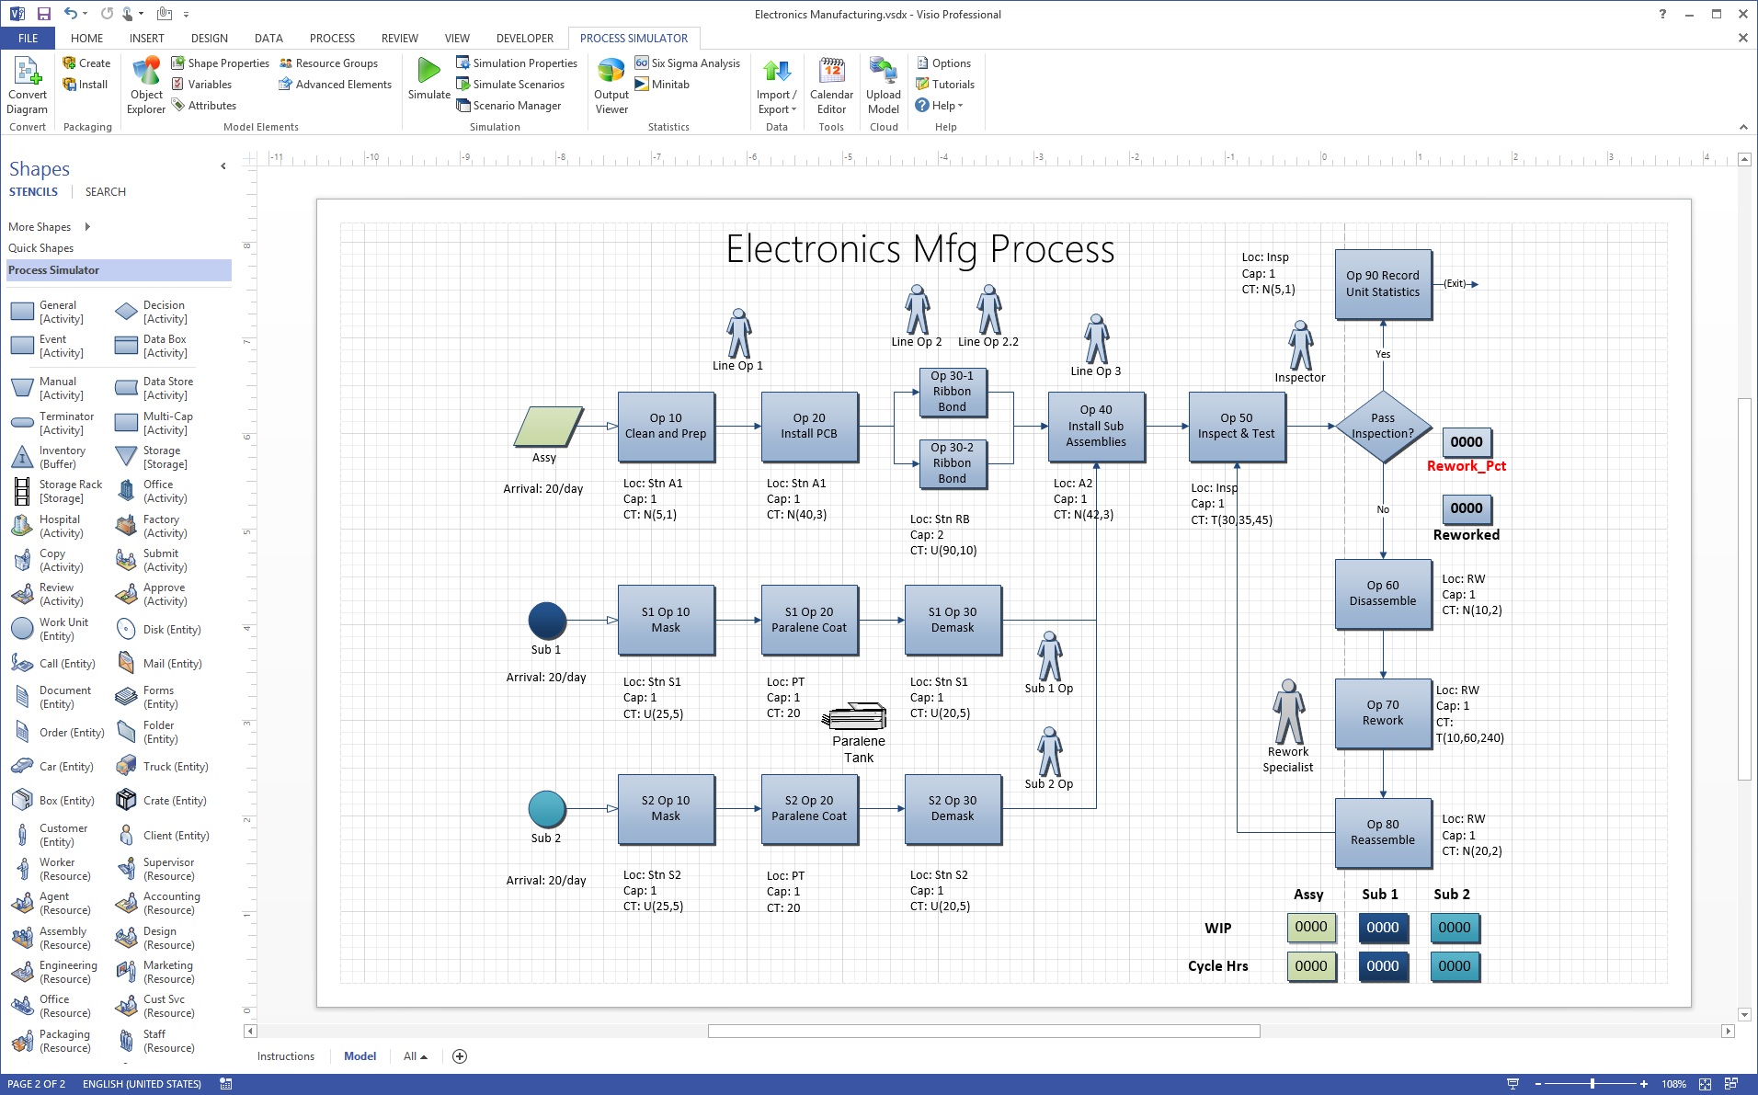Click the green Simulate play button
point(428,72)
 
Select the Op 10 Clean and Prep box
point(666,426)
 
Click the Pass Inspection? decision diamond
point(1382,426)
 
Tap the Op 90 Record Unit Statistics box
point(1382,284)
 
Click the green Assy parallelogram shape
point(547,427)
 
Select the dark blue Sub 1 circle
point(547,621)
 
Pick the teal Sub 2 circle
point(547,809)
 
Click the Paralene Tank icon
point(856,717)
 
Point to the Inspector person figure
point(1300,346)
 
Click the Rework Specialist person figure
point(1288,712)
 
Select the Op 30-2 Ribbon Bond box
point(952,462)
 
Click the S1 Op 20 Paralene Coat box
point(809,620)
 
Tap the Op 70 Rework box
point(1382,713)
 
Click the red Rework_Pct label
point(1466,466)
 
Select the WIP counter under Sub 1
point(1382,928)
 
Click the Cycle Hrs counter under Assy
point(1310,966)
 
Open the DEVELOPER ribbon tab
point(524,39)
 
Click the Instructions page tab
point(285,1056)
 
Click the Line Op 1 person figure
point(738,333)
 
